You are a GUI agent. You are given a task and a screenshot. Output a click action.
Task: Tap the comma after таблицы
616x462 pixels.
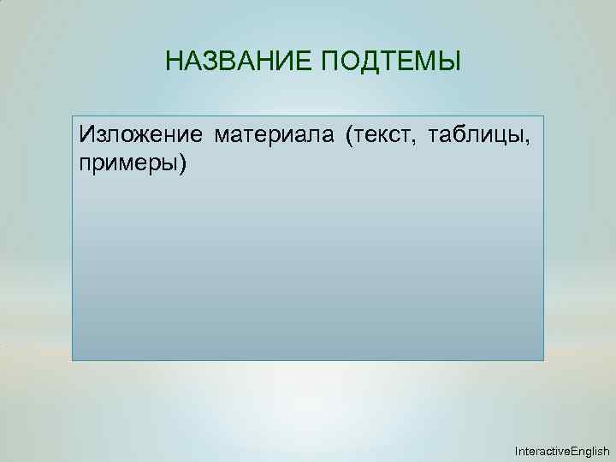click(x=538, y=139)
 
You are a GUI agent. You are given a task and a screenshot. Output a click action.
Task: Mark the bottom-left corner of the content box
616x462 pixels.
click(x=73, y=359)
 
